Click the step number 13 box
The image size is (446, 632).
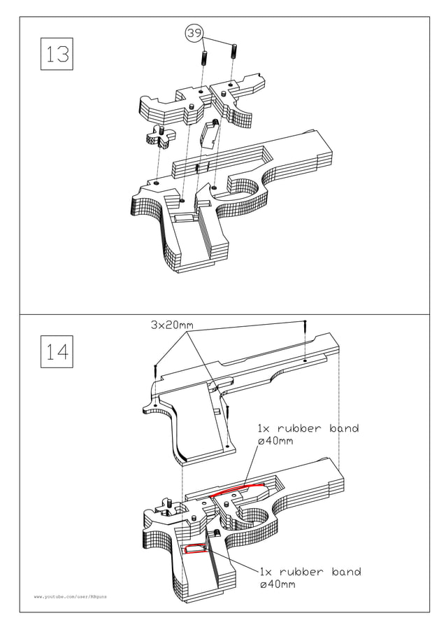click(x=57, y=53)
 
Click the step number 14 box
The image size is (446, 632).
click(x=57, y=352)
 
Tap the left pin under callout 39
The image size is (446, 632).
click(x=204, y=58)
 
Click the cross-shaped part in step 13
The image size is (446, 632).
click(x=159, y=136)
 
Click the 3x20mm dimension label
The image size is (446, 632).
click(x=171, y=325)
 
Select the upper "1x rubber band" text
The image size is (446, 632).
click(x=308, y=428)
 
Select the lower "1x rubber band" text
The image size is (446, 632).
click(x=310, y=572)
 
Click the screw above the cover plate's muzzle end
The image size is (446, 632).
click(x=305, y=325)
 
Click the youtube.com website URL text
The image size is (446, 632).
click(x=71, y=597)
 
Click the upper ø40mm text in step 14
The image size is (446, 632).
click(x=275, y=442)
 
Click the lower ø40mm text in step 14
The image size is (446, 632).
click(x=277, y=584)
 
